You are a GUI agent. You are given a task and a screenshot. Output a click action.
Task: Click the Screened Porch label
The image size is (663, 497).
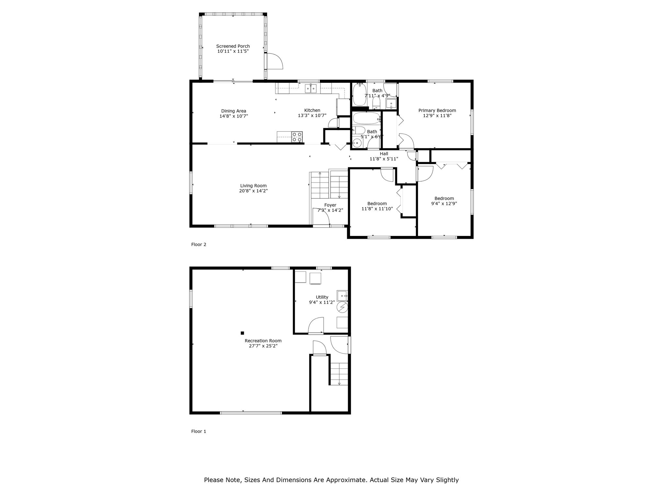(233, 46)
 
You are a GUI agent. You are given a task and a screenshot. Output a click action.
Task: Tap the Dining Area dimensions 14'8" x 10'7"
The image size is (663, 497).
(234, 116)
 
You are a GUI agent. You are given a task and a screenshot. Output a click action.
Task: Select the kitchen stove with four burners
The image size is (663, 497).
(297, 137)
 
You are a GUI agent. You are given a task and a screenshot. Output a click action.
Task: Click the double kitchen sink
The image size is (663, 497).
(311, 88)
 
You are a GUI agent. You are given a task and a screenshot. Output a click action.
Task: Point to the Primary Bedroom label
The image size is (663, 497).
(437, 110)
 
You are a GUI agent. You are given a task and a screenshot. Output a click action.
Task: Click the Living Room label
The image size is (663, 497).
(253, 186)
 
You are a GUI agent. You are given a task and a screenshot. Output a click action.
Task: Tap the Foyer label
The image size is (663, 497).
(330, 205)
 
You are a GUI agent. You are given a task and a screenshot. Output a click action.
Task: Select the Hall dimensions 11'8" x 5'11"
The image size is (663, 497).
(384, 159)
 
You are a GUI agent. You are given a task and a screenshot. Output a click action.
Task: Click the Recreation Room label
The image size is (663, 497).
(263, 341)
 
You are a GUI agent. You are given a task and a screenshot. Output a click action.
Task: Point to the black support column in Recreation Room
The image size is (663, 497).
(242, 333)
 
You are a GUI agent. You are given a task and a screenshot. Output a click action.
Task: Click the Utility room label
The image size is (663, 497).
(322, 297)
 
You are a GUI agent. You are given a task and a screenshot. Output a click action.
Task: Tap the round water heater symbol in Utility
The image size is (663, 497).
(342, 307)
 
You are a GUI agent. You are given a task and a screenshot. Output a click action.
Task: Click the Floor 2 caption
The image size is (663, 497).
(198, 244)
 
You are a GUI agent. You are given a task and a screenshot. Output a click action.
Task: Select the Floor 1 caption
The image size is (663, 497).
(198, 431)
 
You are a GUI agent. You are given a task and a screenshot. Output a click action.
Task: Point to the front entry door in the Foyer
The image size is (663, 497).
(321, 216)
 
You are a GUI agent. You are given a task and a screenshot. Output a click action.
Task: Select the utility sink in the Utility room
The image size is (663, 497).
(342, 295)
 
